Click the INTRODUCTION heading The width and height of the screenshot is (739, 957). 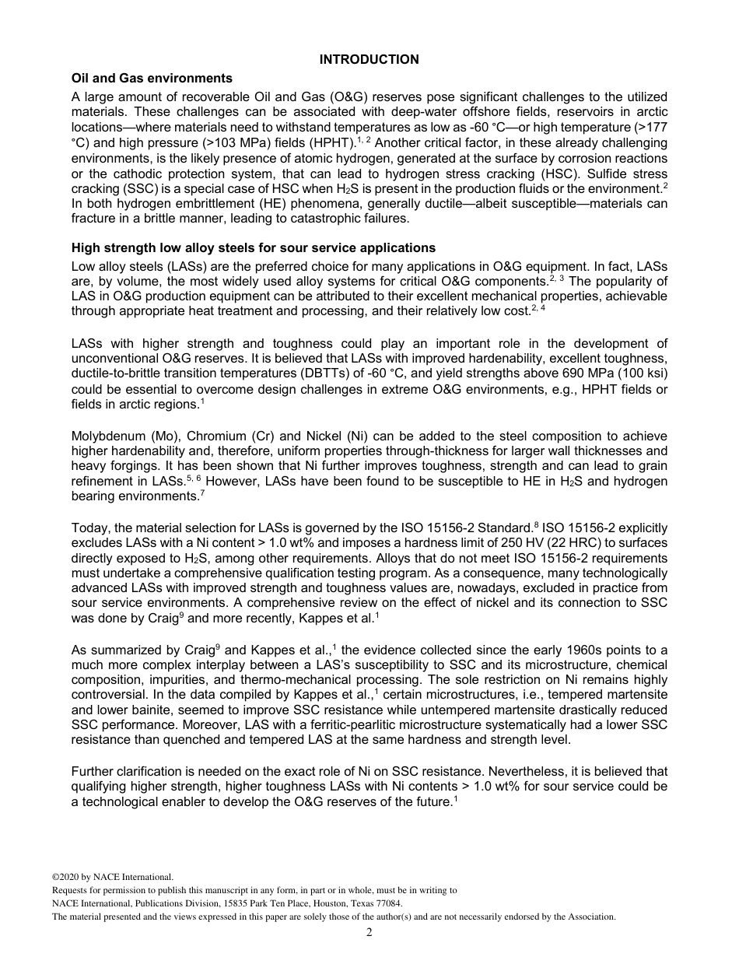click(369, 60)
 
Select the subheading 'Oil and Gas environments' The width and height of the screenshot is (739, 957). click(152, 79)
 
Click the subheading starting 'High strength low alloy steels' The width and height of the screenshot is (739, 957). click(254, 248)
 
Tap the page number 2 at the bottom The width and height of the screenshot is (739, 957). click(369, 933)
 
